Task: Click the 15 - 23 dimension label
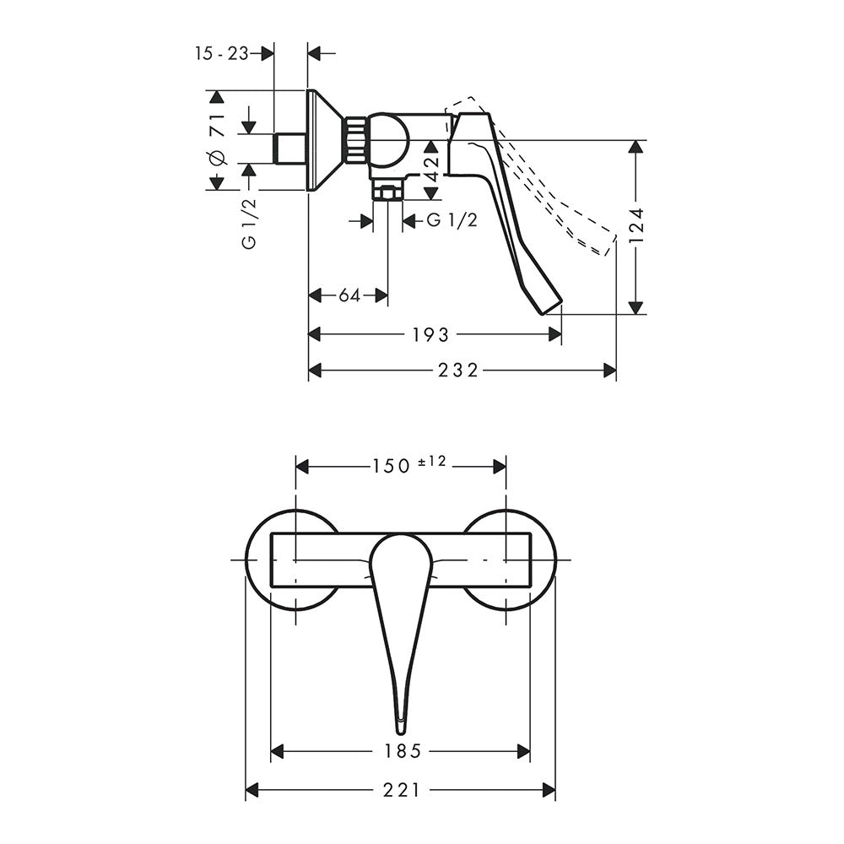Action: pos(222,53)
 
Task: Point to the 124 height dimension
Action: pos(636,227)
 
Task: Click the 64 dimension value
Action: pos(349,295)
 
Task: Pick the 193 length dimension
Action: pos(430,335)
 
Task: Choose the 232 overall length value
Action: pos(458,371)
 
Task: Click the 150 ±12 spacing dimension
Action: pos(409,464)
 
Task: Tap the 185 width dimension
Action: pos(402,751)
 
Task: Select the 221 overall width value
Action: pos(402,790)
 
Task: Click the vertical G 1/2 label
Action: pos(249,224)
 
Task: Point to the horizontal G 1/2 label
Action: pos(452,219)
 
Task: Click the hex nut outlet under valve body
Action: pos(387,192)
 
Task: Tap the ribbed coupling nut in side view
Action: pos(354,139)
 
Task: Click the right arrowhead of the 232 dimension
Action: pos(610,371)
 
